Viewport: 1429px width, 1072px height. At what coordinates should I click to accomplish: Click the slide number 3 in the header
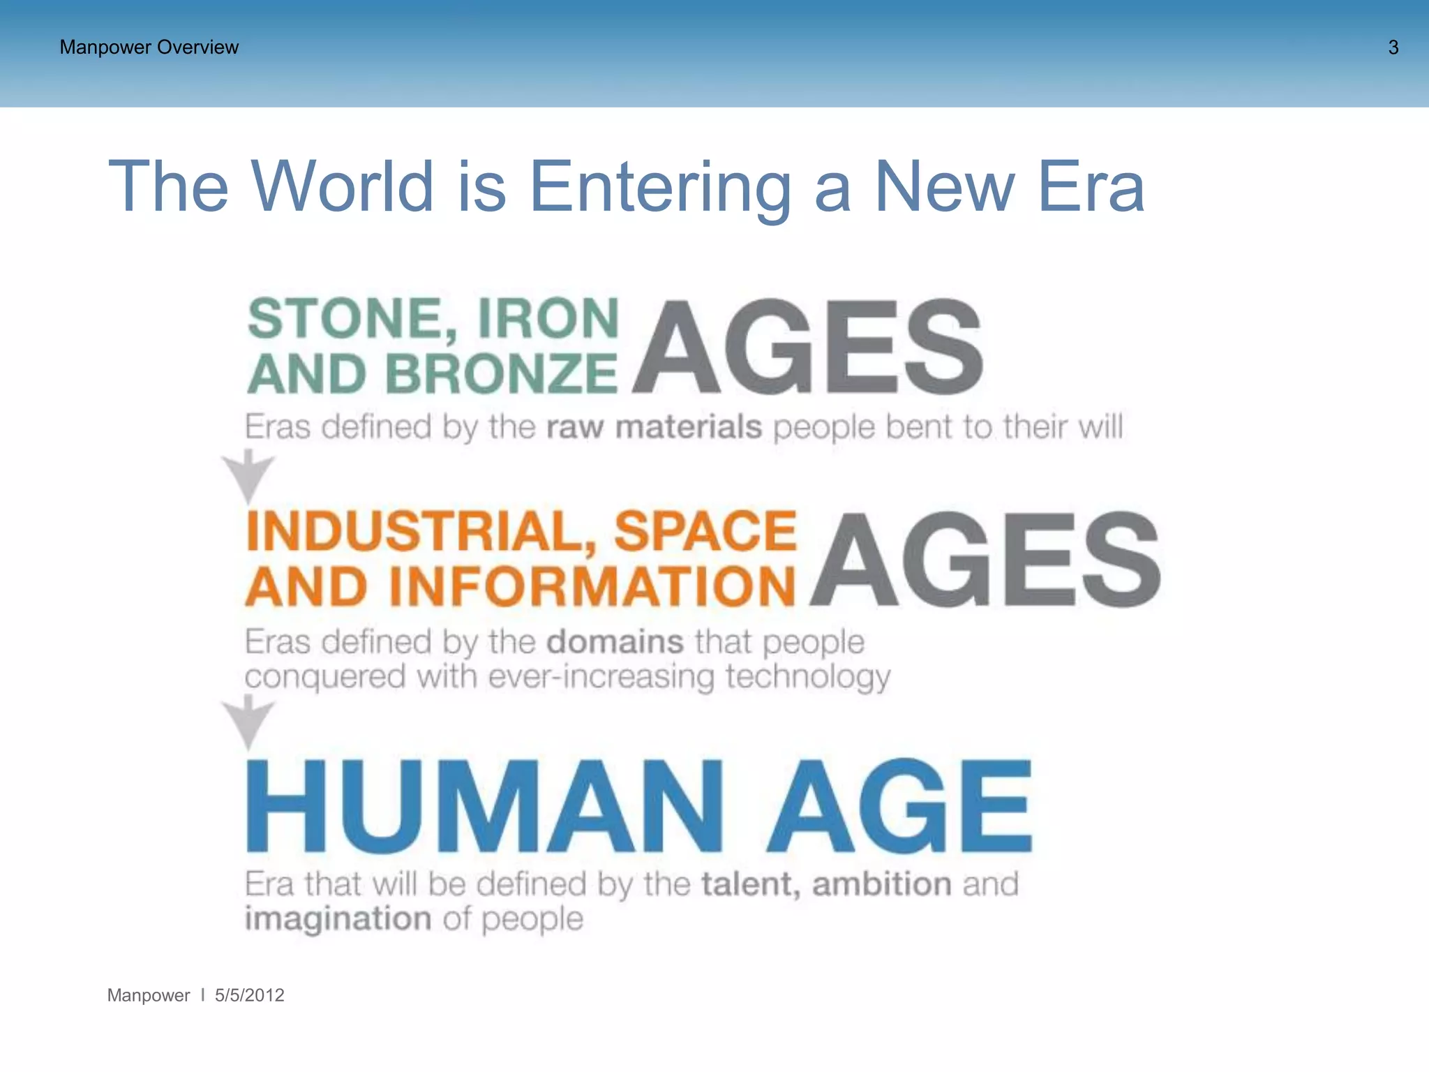(x=1393, y=47)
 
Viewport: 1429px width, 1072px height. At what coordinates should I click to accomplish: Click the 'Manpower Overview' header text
(x=149, y=47)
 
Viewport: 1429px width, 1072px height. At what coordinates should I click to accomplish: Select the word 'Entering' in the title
(x=660, y=187)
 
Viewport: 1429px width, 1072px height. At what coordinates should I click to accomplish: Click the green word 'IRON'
(x=548, y=319)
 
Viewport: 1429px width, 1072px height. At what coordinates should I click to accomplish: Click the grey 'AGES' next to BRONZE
(x=808, y=347)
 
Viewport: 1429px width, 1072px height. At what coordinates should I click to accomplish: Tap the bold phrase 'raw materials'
(x=654, y=426)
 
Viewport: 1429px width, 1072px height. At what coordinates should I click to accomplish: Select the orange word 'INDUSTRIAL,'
(x=421, y=531)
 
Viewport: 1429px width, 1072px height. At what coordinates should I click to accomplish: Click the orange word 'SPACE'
(x=705, y=531)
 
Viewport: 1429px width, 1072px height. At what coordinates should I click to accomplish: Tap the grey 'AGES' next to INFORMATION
(x=985, y=559)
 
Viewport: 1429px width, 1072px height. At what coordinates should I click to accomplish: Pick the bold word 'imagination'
(x=338, y=918)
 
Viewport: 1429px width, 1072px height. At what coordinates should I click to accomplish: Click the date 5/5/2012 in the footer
(x=249, y=995)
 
